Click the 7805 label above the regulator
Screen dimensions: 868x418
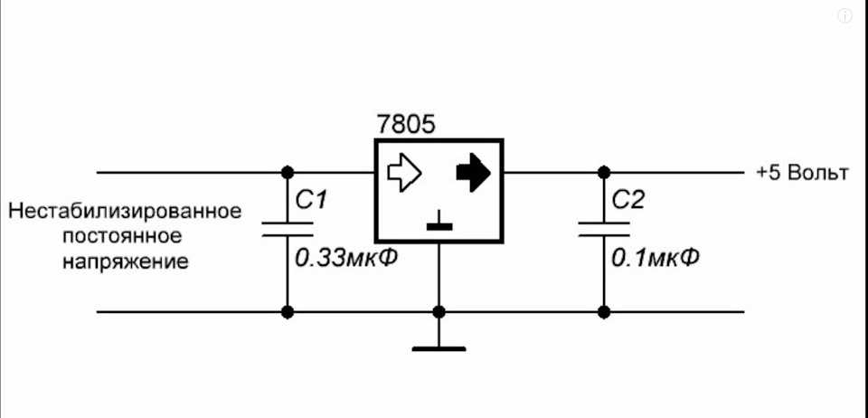pyautogui.click(x=406, y=125)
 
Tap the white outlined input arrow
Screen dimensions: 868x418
pyautogui.click(x=404, y=173)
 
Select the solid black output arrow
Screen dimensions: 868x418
pyautogui.click(x=473, y=173)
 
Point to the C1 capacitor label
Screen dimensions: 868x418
pyautogui.click(x=312, y=200)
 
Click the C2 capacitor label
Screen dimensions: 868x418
pyautogui.click(x=628, y=200)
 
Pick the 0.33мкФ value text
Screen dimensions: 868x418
pyautogui.click(x=346, y=258)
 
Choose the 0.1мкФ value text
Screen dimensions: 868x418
pyautogui.click(x=655, y=258)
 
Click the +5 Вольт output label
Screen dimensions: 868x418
pyautogui.click(x=802, y=174)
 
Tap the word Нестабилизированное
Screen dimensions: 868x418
pyautogui.click(x=125, y=212)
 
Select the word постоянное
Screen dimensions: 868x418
pyautogui.click(x=122, y=236)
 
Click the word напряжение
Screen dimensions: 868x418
pyautogui.click(x=125, y=261)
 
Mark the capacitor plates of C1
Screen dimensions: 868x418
pyautogui.click(x=288, y=229)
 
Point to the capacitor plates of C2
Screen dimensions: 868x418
pyautogui.click(x=604, y=229)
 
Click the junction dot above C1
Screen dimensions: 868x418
pyautogui.click(x=288, y=173)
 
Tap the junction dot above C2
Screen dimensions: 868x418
pyautogui.click(x=604, y=173)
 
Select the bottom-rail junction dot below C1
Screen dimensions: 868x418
pyautogui.click(x=288, y=312)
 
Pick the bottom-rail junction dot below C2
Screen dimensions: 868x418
pyautogui.click(x=604, y=312)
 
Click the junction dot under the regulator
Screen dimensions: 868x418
pyautogui.click(x=439, y=312)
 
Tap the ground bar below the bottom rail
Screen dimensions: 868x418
pyautogui.click(x=439, y=349)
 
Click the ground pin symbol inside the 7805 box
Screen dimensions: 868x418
pyautogui.click(x=439, y=221)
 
